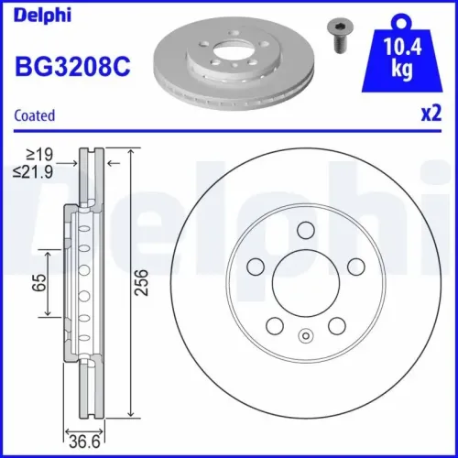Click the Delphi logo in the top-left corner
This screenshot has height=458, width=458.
coord(38,16)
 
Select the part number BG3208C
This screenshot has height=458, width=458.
coord(71,66)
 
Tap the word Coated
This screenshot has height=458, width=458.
coord(35,115)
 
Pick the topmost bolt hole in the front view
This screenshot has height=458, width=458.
coord(306,231)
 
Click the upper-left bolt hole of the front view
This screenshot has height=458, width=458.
coord(257,266)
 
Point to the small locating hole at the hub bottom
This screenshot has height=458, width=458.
coord(306,336)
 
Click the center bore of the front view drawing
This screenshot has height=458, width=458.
coord(306,283)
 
